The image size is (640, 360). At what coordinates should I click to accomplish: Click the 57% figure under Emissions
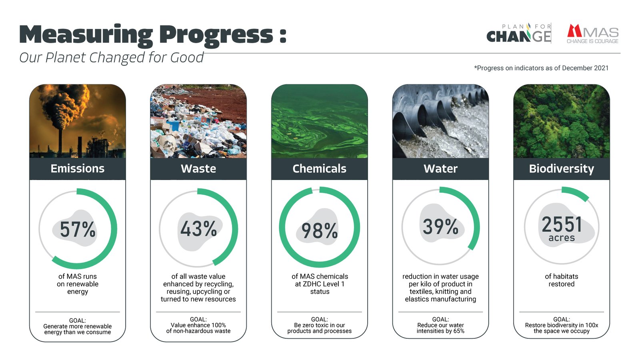[x=78, y=229]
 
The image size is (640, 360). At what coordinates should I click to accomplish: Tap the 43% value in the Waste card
[x=198, y=229]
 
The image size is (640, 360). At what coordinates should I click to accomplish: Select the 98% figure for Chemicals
[x=320, y=231]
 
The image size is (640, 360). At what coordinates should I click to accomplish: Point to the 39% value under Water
[x=440, y=226]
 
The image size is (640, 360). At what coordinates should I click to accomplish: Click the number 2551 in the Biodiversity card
[x=562, y=224]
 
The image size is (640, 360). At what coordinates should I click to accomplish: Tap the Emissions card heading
[x=78, y=169]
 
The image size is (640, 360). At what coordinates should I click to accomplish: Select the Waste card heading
[x=198, y=169]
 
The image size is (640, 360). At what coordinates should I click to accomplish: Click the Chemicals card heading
[x=320, y=169]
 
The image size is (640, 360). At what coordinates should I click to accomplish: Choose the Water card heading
[x=440, y=169]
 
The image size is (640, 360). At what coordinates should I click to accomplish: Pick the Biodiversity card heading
[x=562, y=169]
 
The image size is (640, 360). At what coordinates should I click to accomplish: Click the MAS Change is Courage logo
[x=592, y=34]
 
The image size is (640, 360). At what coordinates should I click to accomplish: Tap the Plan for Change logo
[x=519, y=33]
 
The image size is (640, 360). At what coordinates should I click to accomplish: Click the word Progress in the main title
[x=216, y=35]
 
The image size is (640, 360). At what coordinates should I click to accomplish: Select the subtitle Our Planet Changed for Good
[x=112, y=58]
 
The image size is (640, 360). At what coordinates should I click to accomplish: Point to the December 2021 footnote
[x=541, y=68]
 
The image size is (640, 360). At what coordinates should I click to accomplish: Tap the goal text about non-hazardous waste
[x=198, y=328]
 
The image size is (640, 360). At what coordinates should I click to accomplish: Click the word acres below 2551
[x=562, y=238]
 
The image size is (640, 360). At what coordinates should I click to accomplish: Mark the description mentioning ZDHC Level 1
[x=320, y=284]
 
